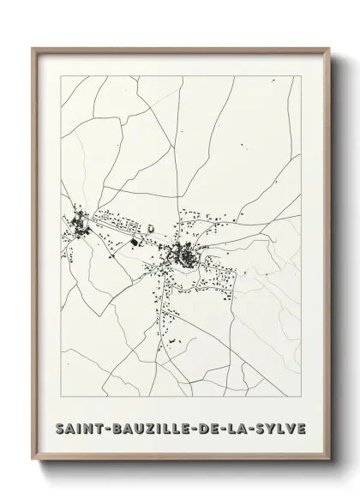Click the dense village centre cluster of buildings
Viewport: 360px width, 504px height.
(182, 254)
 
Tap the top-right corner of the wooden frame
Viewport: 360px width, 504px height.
(326, 48)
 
